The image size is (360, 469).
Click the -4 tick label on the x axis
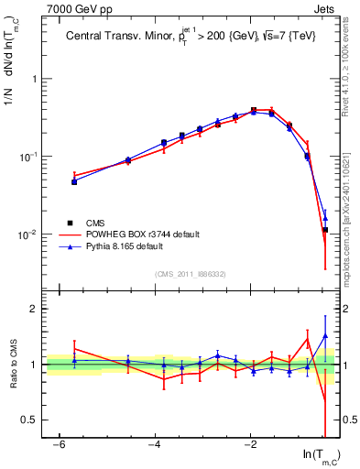pos(155,444)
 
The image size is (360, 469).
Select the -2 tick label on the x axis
pos(251,444)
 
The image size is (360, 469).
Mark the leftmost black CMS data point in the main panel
pos(74,181)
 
